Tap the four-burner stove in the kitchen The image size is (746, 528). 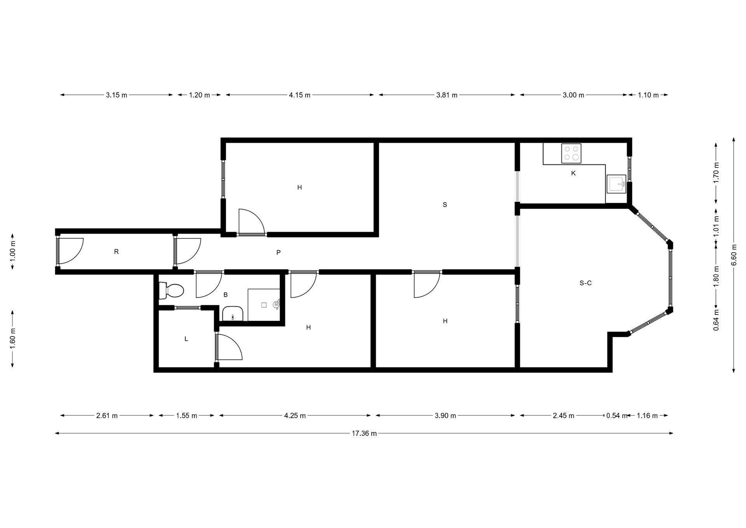pos(571,153)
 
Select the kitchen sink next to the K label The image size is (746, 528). pos(616,184)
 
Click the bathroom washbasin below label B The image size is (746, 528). pos(232,313)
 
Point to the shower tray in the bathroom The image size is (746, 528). pos(264,305)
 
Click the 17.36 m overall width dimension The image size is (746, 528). pos(364,433)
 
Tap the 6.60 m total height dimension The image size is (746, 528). pos(734,255)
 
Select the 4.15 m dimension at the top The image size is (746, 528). pos(300,95)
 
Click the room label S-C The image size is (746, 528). pos(586,283)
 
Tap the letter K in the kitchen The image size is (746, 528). pos(573,173)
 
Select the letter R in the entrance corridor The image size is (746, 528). pos(116,252)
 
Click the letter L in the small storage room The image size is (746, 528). pos(186,339)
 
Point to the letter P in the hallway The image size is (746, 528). pos(278,253)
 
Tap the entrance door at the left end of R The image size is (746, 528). pos(70,251)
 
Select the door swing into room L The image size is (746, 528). pos(229,347)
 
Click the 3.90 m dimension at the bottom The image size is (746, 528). pos(445,416)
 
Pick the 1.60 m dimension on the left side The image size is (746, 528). pos(13,339)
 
